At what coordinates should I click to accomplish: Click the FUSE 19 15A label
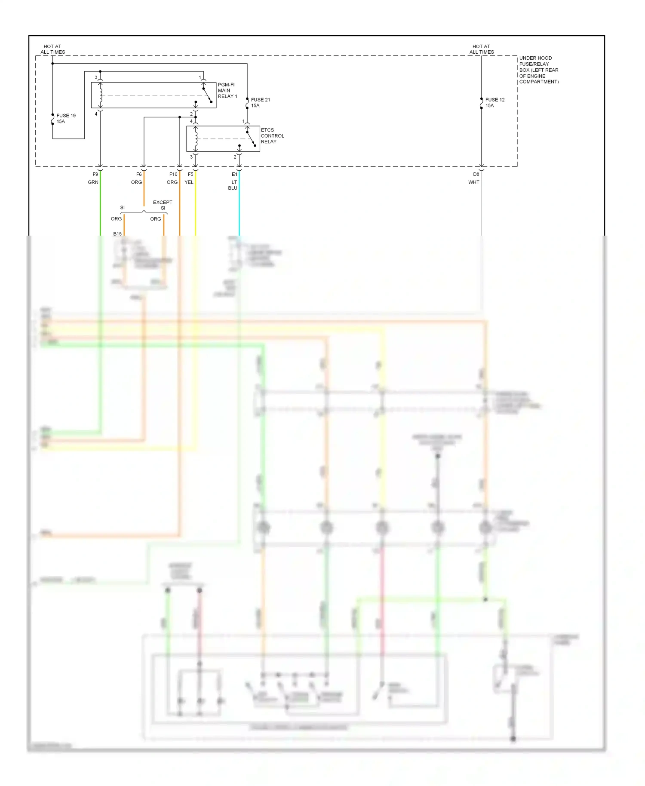pos(66,119)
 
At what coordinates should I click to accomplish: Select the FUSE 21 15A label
pos(260,102)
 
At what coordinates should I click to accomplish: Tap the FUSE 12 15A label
pos(494,102)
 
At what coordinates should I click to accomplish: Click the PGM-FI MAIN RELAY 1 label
pos(227,90)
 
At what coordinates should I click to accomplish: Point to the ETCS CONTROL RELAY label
pos(272,135)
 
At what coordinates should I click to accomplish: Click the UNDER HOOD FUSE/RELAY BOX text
pos(538,70)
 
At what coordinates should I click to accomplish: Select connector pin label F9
pos(95,174)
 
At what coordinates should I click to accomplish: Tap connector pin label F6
pos(139,174)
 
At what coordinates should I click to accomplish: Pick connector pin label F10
pos(173,174)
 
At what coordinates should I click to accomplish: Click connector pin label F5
pos(190,174)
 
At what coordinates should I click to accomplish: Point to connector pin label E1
pos(234,174)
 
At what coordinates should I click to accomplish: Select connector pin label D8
pos(476,174)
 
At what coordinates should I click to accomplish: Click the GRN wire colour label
pos(93,182)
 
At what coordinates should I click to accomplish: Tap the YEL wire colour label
pos(189,182)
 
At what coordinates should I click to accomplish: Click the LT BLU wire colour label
pos(233,185)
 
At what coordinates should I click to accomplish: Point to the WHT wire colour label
pos(473,182)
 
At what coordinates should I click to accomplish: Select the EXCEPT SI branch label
pos(163,205)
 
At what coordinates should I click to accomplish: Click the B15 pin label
pos(117,234)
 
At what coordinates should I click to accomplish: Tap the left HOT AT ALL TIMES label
pos(52,49)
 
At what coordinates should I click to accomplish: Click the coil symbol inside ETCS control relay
pos(196,138)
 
